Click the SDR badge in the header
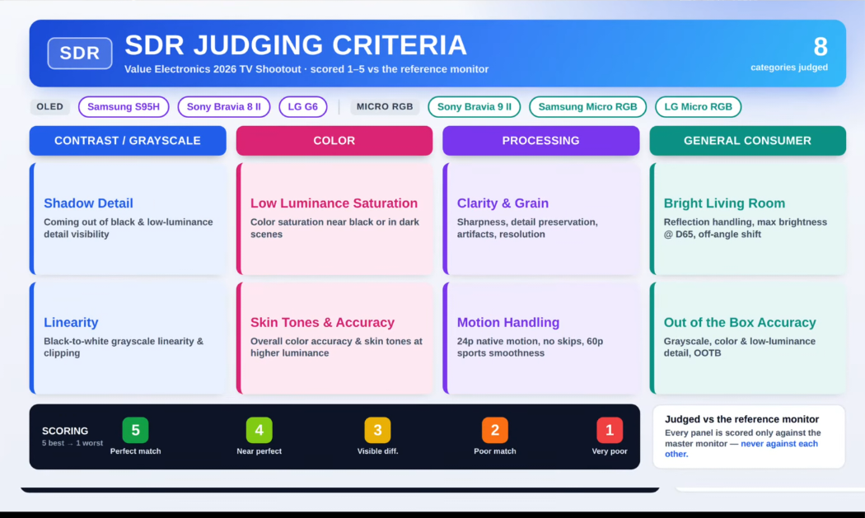point(80,53)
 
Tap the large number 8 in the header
point(821,47)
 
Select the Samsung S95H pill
point(124,106)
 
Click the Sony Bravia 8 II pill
point(224,106)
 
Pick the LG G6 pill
point(303,106)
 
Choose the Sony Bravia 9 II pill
point(475,106)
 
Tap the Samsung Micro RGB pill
point(587,106)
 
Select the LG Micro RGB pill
point(698,106)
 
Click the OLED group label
point(49,106)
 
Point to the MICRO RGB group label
point(385,106)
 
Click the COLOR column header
point(334,141)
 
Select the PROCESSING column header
point(540,141)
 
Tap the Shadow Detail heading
point(88,203)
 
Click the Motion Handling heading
point(508,322)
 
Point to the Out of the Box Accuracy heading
point(740,322)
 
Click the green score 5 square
point(136,430)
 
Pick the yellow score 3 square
point(378,430)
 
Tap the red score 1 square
point(610,430)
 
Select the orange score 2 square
point(495,430)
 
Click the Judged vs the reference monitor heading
point(742,419)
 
